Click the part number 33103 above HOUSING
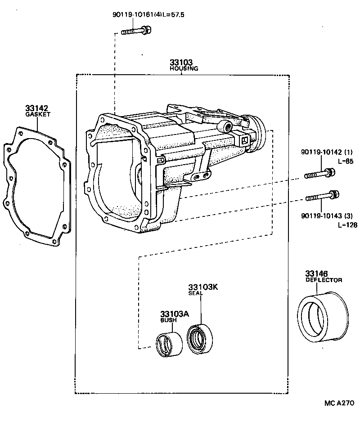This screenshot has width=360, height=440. coord(181,63)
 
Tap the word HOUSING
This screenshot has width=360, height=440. coord(184,69)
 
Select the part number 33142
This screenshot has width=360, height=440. coord(37,108)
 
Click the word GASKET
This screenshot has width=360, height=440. coord(38,115)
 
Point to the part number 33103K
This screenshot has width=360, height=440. coord(202,287)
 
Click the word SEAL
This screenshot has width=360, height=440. coord(196,293)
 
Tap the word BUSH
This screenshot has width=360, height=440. coord(169,320)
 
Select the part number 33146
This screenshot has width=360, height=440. coord(317,274)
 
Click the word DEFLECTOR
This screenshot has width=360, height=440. coord(324,280)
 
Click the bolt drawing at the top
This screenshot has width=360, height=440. coord(136,31)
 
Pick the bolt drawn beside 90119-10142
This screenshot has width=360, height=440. coord(320,173)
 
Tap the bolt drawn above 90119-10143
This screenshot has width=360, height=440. coord(322,196)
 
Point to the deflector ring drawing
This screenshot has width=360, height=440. coord(324,316)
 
